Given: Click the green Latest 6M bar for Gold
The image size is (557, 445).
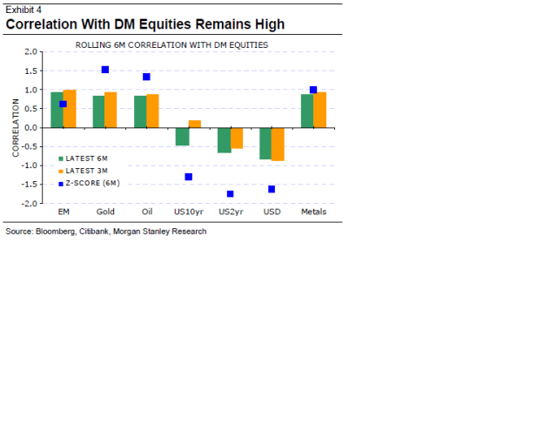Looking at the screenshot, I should pos(98,111).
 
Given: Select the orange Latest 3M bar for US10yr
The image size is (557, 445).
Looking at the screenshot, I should pos(195,124).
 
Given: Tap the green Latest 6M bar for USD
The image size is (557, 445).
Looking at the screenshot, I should pos(265,143).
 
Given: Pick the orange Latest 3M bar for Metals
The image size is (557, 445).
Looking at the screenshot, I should pos(319,110).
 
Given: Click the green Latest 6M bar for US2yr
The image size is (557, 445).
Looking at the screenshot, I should pos(224,139).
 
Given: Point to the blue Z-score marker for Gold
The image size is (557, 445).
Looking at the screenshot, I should pos(105,70).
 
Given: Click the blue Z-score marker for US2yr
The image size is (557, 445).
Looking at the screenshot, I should pos(230,193).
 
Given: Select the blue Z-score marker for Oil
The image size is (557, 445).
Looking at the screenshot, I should pos(146,77).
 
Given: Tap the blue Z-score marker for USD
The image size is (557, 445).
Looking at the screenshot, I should pos(272,188).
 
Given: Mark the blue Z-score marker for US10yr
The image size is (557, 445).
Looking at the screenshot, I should pos(188,177).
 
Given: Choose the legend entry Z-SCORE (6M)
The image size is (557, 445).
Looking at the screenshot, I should pos(91,183).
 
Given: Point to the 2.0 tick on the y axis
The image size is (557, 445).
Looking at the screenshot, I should pos(30,51).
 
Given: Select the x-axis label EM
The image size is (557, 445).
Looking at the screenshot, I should pos(64,212).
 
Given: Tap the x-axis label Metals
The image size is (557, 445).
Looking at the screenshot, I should pos(313,212).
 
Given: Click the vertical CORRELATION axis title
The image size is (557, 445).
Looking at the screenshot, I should pos(16,127).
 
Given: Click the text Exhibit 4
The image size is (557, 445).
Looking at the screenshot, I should pos(23,10).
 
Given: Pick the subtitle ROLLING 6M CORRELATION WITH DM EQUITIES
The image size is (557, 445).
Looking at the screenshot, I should pos(171,44).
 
